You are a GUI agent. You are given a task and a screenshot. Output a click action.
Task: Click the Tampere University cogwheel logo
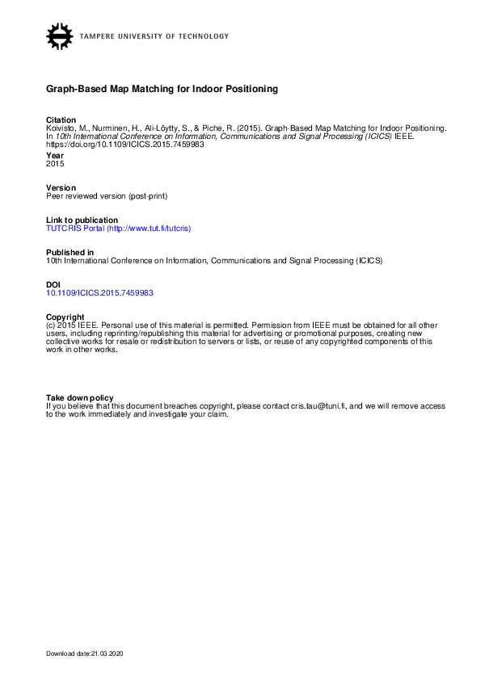pos(60,36)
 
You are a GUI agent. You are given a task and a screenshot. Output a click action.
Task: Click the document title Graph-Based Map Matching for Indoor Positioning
pos(162,89)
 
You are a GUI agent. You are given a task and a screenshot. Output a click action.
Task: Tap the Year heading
pos(54,155)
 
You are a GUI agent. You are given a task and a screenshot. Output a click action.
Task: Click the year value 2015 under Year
pos(55,163)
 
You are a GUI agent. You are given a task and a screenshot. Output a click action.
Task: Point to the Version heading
pos(61,187)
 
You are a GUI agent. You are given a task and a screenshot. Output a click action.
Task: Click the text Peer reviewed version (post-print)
pos(106,195)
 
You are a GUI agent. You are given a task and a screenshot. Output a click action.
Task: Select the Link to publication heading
pos(82,220)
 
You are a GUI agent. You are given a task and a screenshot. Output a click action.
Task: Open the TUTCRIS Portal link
pos(118,229)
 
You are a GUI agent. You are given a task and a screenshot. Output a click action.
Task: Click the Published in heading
pos(70,252)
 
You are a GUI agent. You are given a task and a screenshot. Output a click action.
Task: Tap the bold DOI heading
pos(53,285)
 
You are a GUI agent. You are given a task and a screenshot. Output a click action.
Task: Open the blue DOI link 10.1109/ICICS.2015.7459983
pos(99,293)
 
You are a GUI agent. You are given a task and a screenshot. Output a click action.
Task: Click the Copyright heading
pos(65,317)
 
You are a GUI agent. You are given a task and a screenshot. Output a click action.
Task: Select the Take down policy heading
pos(79,397)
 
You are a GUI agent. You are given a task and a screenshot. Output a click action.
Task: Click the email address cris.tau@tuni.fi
pos(318,406)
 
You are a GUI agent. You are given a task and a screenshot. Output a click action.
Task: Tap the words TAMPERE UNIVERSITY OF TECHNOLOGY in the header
pos(154,36)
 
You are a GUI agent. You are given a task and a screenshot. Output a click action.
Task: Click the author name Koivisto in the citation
pos(61,128)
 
